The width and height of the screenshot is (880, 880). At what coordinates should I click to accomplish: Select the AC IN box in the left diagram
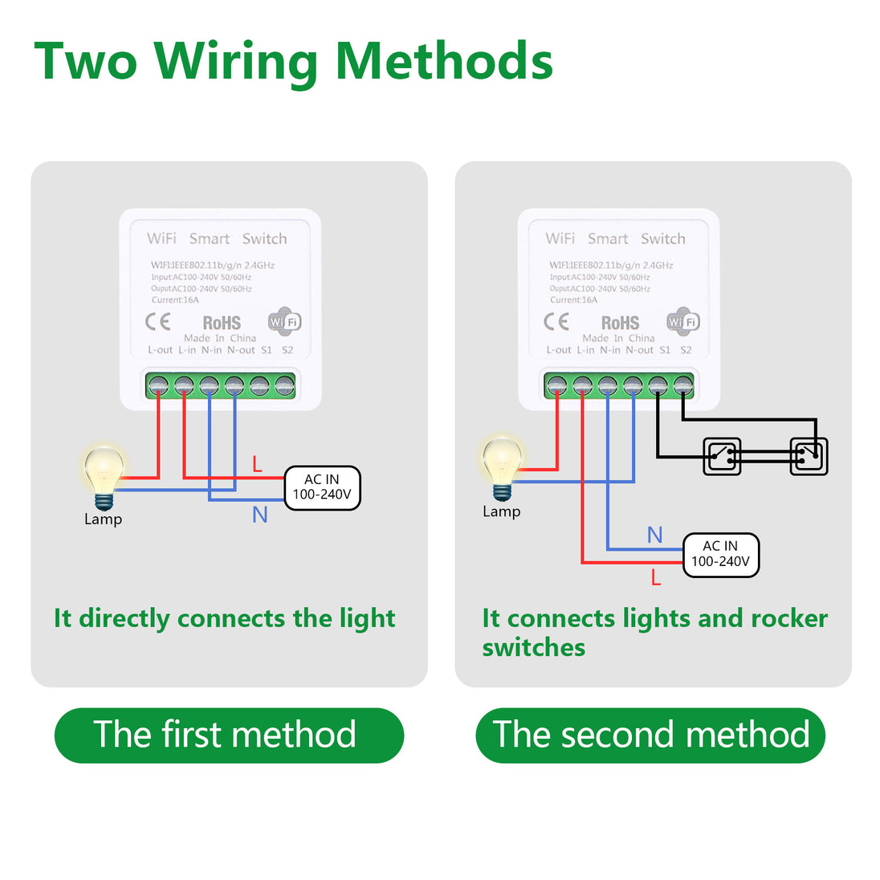click(x=322, y=487)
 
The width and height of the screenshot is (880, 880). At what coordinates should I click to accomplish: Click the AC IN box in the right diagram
click(x=720, y=554)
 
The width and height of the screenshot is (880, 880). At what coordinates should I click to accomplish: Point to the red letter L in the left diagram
click(x=257, y=464)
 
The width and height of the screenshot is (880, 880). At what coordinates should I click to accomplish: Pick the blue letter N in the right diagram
click(x=655, y=535)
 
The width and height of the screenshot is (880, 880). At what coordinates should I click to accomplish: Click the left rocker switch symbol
click(x=721, y=456)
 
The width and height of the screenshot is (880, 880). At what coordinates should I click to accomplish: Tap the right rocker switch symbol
click(x=808, y=456)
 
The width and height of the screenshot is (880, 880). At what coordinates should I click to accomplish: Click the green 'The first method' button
click(x=229, y=735)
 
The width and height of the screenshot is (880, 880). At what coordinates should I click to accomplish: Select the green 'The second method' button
click(x=650, y=735)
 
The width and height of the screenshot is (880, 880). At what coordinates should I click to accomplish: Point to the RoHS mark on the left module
click(x=222, y=323)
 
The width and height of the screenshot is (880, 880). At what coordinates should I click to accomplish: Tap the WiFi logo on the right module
click(x=684, y=322)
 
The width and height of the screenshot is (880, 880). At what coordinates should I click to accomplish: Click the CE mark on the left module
click(x=157, y=322)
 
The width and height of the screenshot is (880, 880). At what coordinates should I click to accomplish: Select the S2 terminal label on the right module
click(x=686, y=350)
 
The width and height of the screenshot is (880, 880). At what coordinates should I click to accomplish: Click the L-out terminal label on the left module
click(x=161, y=350)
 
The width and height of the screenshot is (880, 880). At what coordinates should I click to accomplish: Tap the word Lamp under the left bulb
click(x=103, y=519)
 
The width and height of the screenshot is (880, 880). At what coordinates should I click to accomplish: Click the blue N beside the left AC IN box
click(x=259, y=515)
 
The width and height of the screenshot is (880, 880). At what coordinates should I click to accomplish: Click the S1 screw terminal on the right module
click(x=658, y=385)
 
